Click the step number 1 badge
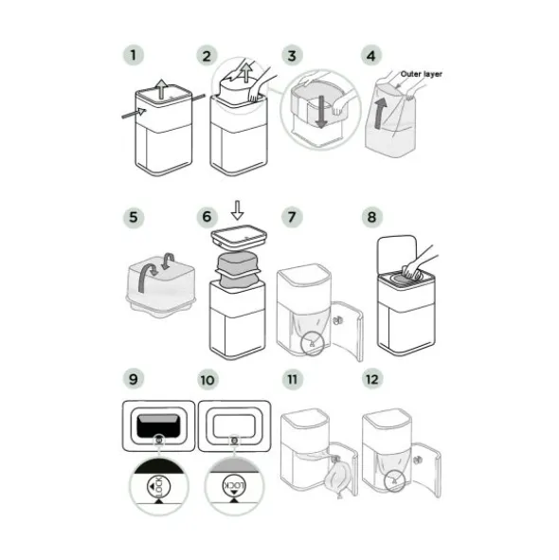(134, 55)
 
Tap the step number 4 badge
(371, 56)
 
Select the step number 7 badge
(292, 217)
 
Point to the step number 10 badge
(207, 380)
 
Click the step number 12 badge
(371, 379)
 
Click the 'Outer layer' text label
(421, 74)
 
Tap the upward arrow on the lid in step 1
(162, 89)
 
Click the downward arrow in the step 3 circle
(321, 112)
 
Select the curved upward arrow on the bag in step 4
(380, 114)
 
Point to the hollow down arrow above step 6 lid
(237, 210)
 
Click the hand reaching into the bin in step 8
(418, 262)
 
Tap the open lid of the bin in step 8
(397, 254)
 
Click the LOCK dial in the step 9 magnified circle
(158, 486)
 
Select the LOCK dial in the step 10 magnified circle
(234, 486)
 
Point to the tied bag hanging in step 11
(337, 478)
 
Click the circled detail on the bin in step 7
(313, 344)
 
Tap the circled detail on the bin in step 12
(395, 480)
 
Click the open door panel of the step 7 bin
(348, 330)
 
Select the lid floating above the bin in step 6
(239, 237)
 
